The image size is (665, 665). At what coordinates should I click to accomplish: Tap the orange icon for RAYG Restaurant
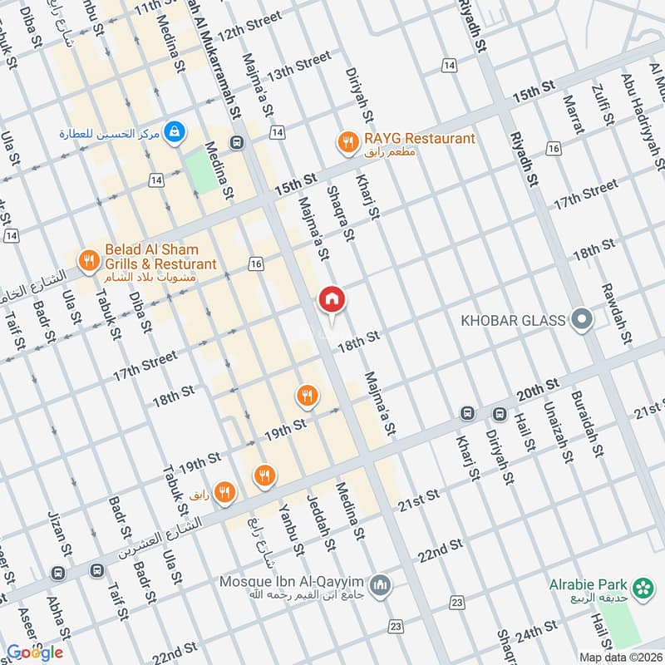click(347, 141)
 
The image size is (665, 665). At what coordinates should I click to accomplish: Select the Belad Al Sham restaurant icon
click(89, 261)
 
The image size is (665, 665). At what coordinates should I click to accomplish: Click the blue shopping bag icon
click(175, 131)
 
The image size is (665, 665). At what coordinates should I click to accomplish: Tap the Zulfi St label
click(602, 105)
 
